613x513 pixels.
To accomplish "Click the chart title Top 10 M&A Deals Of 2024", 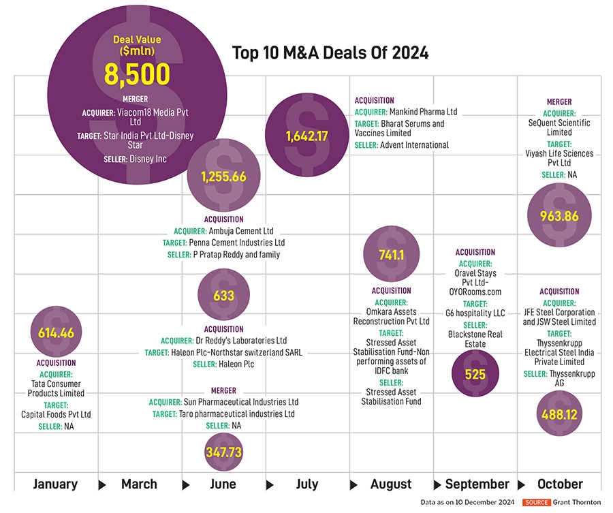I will [330, 52].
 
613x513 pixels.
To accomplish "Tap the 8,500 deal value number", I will [137, 74].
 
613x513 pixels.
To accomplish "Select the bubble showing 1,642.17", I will [307, 136].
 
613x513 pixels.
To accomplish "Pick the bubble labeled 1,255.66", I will [223, 176].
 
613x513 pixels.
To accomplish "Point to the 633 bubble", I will [223, 296].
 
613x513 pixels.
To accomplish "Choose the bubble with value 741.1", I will [392, 254].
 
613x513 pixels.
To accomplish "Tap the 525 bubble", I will [475, 373].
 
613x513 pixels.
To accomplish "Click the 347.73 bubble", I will [223, 452].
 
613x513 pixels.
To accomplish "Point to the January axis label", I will [55, 484].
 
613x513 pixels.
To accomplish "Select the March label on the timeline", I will [139, 484].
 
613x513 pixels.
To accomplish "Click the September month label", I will [477, 484].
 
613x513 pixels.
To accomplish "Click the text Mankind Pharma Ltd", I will [423, 112].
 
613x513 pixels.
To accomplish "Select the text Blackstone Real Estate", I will [475, 339].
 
